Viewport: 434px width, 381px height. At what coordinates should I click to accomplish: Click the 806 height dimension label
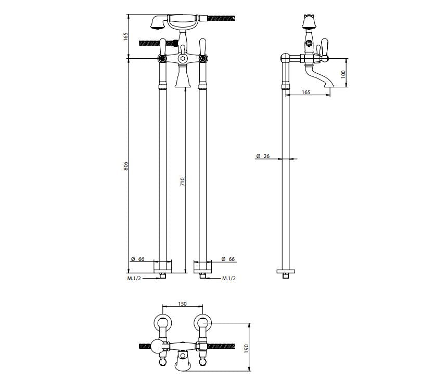[x=126, y=166]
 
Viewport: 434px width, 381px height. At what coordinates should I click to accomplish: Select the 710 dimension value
[x=183, y=181]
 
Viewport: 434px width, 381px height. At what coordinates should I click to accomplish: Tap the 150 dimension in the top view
[x=182, y=304]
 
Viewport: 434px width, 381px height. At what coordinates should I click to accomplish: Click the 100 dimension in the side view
[x=343, y=73]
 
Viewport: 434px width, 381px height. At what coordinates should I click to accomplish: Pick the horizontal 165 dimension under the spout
[x=306, y=92]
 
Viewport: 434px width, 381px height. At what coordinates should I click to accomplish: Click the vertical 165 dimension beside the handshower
[x=126, y=37]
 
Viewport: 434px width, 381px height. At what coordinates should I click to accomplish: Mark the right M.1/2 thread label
[x=229, y=279]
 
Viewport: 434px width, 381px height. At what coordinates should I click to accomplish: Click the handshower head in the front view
[x=155, y=23]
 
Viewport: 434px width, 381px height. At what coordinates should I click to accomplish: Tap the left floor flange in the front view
[x=162, y=268]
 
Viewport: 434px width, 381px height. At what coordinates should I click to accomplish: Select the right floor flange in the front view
[x=203, y=268]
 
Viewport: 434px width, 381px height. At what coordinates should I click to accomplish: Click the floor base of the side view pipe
[x=285, y=271]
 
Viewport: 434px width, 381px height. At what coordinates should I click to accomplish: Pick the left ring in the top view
[x=162, y=324]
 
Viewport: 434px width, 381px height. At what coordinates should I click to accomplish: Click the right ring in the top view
[x=202, y=324]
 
